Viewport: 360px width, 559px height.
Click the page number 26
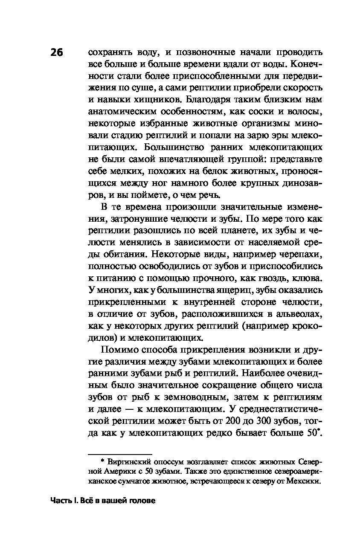(x=56, y=53)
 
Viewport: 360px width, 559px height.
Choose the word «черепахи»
(x=296, y=255)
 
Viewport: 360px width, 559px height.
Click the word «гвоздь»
(x=258, y=278)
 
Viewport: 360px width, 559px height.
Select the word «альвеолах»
(x=294, y=314)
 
